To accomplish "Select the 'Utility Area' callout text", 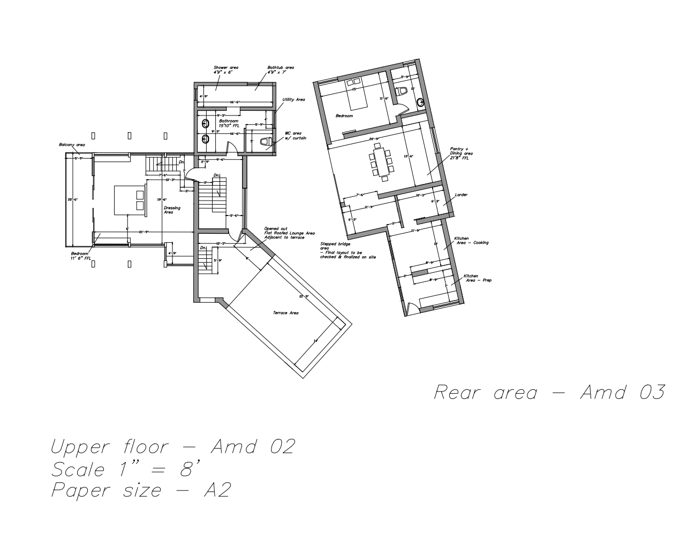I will click(293, 99).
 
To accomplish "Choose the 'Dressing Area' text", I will click(172, 210).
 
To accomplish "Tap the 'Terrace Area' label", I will click(285, 313).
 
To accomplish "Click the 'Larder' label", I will click(461, 195).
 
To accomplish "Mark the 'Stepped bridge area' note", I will click(347, 250).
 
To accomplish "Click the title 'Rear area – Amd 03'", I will click(549, 392).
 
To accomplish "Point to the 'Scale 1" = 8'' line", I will click(126, 469).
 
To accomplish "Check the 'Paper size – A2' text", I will click(141, 490).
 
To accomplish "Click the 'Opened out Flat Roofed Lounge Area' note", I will click(289, 233).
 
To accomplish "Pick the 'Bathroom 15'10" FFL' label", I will click(229, 123).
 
